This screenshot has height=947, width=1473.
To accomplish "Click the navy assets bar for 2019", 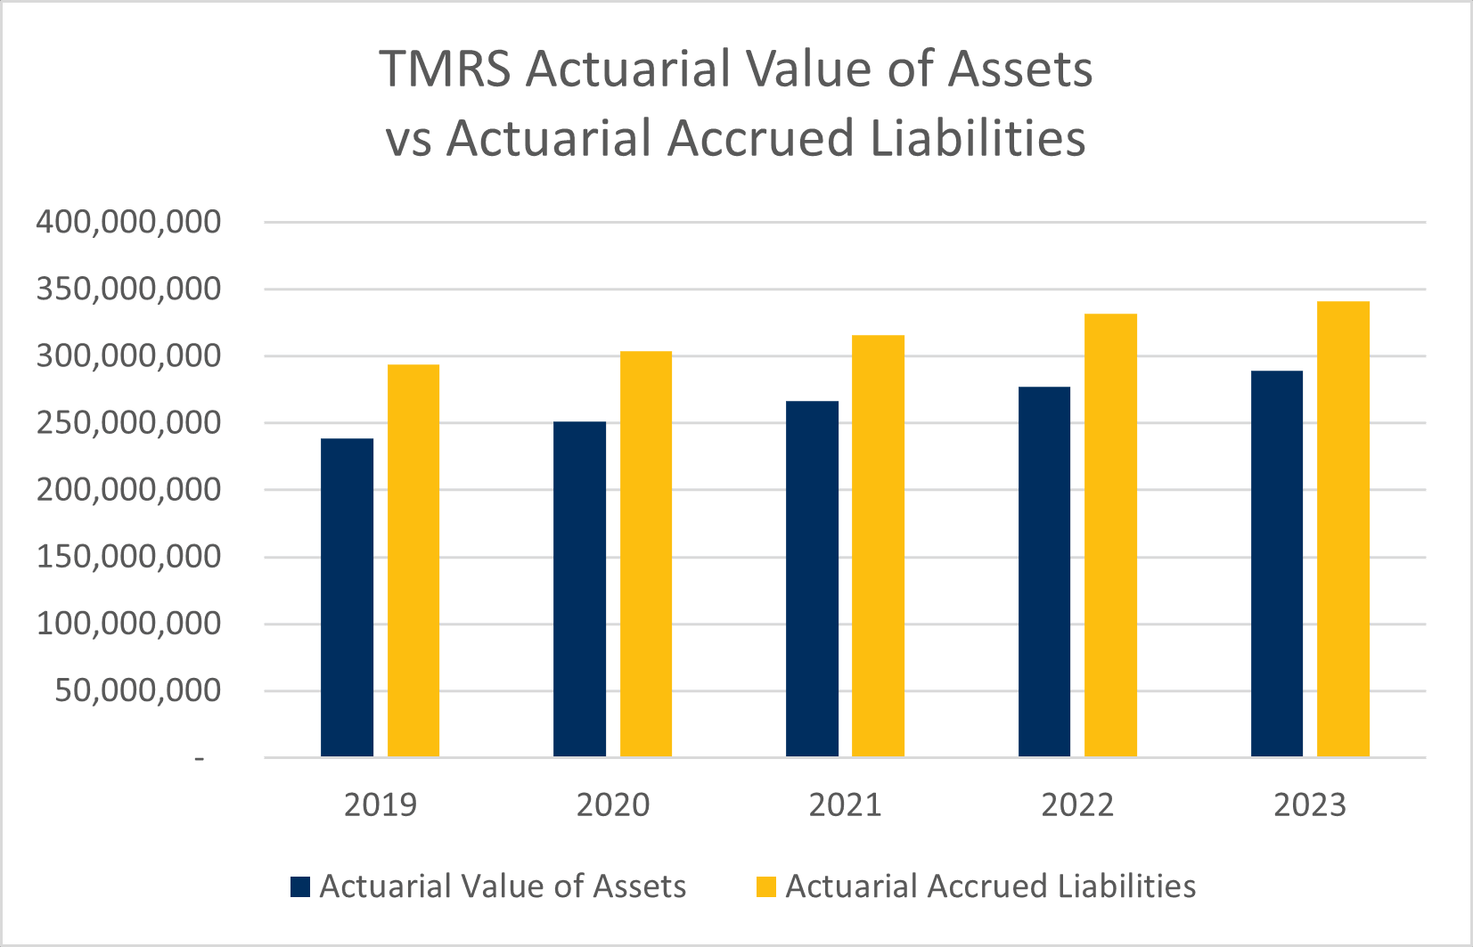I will (347, 597).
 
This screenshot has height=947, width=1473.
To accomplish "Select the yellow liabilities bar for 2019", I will (413, 560).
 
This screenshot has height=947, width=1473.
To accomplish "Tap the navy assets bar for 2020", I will (579, 589).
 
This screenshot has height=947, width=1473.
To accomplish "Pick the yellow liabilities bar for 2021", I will (878, 545).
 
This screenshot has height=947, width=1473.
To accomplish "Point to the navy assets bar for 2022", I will (1044, 571).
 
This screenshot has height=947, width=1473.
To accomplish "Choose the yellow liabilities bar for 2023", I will (1343, 529).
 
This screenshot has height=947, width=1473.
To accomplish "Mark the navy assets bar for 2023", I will (1277, 563).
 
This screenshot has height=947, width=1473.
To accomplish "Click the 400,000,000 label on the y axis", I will (128, 222).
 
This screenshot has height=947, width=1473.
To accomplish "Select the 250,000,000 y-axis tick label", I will (128, 423).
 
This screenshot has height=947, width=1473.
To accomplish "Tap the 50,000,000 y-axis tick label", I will (137, 690).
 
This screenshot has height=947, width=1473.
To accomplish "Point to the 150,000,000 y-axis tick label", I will (128, 557).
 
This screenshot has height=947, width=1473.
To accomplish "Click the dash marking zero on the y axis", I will (200, 758).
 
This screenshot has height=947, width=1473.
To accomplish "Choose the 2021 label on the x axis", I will (845, 805).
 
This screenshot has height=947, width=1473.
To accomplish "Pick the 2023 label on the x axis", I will (1309, 805).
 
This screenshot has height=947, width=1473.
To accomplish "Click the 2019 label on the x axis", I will (381, 805).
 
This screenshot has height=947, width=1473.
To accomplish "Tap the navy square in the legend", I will (300, 886).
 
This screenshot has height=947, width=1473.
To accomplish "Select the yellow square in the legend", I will (766, 886).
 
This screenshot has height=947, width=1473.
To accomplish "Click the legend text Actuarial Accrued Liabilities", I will (990, 886).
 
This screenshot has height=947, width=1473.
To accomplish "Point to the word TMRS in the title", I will (445, 69).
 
